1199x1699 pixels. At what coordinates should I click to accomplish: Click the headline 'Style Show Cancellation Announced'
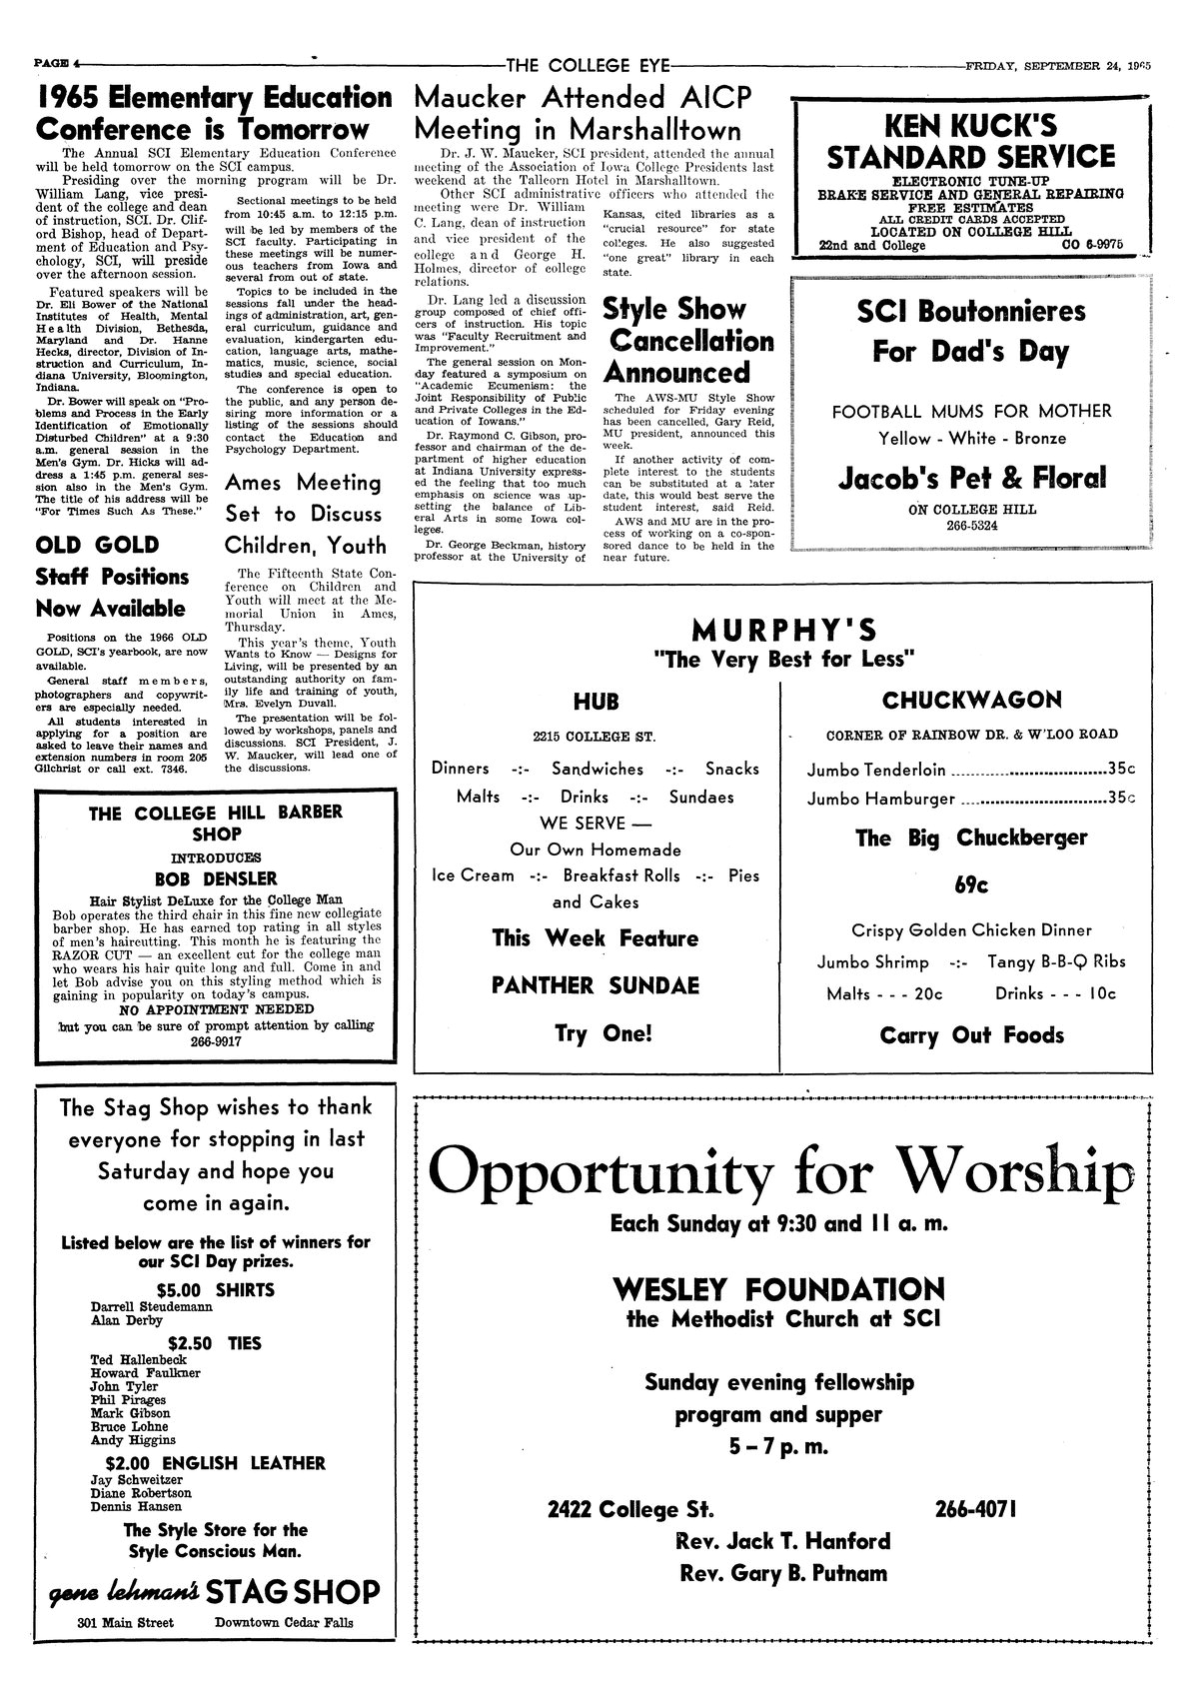click(x=688, y=341)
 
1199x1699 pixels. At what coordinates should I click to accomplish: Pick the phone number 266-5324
click(x=971, y=526)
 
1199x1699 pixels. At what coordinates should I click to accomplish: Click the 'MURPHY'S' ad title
click(x=784, y=630)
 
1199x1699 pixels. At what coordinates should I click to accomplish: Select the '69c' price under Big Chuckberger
click(x=971, y=884)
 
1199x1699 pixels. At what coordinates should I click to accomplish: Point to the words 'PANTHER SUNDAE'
click(x=595, y=985)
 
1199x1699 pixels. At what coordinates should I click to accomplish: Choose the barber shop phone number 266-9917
click(x=215, y=1041)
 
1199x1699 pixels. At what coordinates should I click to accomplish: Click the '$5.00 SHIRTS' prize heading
click(x=215, y=1289)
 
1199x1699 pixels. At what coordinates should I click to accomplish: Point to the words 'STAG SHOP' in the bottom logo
click(x=302, y=1592)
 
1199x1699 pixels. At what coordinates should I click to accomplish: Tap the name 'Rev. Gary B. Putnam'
click(x=782, y=1572)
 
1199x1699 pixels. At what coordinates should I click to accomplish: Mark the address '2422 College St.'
click(x=630, y=1508)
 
